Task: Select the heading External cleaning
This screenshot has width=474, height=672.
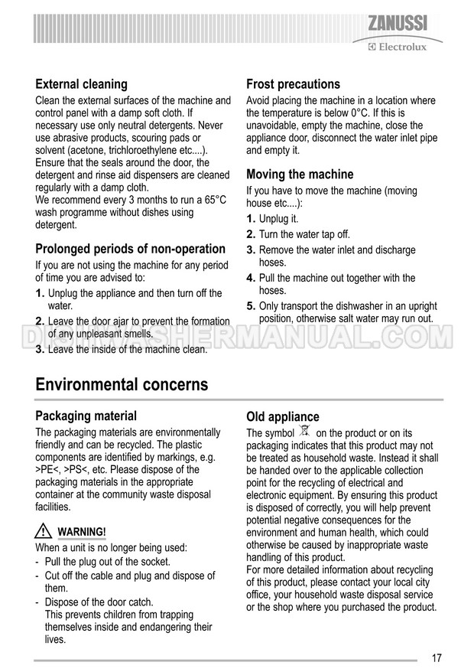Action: pos(82,84)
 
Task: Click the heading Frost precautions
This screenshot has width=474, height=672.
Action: pos(293,84)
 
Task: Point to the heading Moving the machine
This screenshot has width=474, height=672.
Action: pos(300,175)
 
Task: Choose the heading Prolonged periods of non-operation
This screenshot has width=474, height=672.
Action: pos(131,249)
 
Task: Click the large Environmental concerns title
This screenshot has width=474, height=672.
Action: pos(122,384)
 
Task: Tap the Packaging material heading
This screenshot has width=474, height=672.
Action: pos(86,416)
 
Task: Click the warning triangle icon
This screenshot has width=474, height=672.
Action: pos(44,532)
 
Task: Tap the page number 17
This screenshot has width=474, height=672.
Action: pos(437,656)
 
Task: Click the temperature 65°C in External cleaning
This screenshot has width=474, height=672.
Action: pos(213,200)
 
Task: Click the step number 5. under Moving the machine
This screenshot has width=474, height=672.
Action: pos(251,306)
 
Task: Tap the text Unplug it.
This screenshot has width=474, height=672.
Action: pos(278,219)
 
